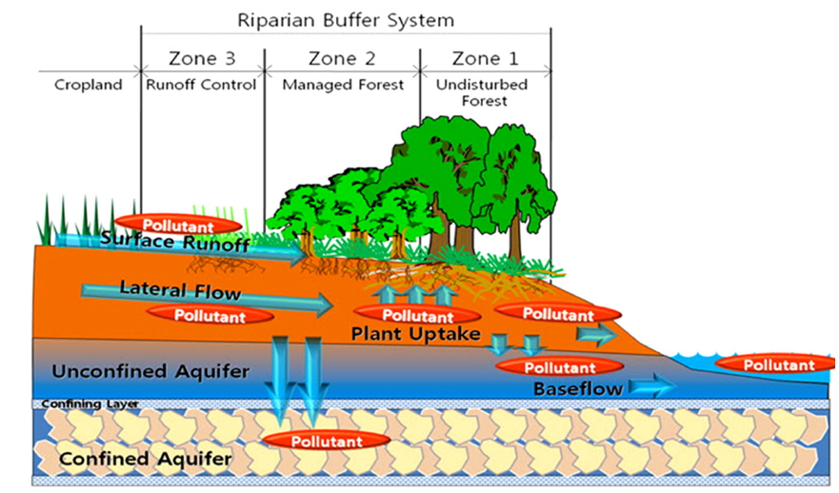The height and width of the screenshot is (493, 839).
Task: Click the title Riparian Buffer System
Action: coord(345,19)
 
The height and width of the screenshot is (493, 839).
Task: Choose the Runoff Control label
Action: coord(201,85)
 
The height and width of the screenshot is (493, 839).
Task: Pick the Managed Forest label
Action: coord(344,85)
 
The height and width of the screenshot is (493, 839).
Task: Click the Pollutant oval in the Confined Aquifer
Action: coord(327,442)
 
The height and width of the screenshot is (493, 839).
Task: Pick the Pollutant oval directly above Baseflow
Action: coord(560,367)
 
